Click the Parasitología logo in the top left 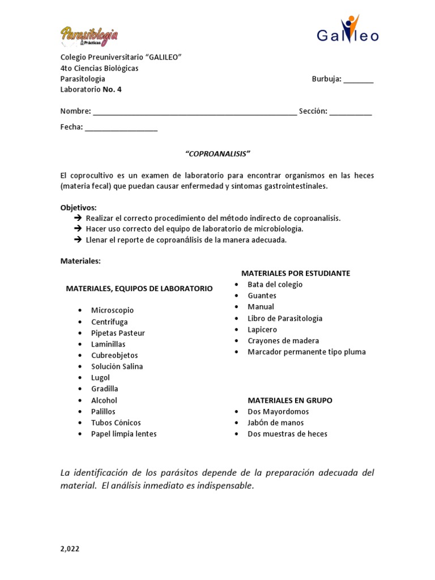tap(89, 36)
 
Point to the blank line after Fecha tap(121, 128)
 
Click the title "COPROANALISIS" tap(217, 153)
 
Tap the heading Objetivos tap(79, 207)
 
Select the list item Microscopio tap(113, 310)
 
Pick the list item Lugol tap(101, 378)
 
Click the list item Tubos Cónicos tap(116, 423)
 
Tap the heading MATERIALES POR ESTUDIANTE tap(296, 273)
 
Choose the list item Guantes tap(262, 296)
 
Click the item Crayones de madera tap(283, 340)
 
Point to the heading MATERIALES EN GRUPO tap(290, 400)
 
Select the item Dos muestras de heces tap(287, 434)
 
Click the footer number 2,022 tap(71, 549)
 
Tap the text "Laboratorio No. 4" tap(91, 89)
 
